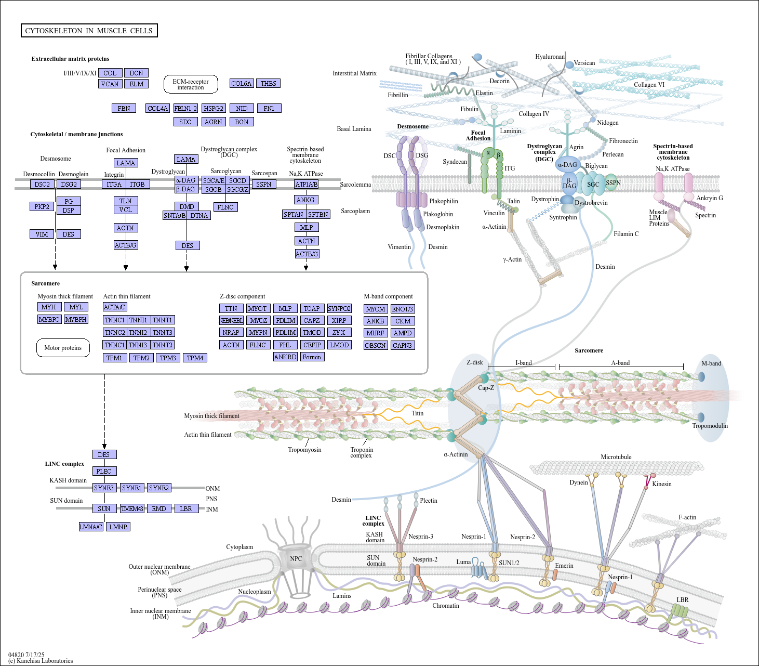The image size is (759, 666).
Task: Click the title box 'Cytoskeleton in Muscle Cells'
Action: tap(89, 31)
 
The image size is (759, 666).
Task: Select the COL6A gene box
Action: tap(242, 83)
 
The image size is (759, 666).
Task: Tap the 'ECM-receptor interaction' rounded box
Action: tap(191, 84)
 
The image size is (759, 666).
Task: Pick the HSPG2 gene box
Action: tap(214, 108)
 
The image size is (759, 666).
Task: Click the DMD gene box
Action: tap(187, 206)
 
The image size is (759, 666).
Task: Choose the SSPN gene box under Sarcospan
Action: tap(263, 184)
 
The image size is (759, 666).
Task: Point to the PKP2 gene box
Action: tap(42, 206)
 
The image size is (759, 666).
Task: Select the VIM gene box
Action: tap(42, 234)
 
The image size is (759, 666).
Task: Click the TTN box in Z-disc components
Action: tap(231, 308)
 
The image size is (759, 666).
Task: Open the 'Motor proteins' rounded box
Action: tap(63, 348)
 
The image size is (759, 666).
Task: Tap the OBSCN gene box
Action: tap(375, 345)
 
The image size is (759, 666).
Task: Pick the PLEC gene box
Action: tap(104, 471)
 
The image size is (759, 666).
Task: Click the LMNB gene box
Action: tap(118, 527)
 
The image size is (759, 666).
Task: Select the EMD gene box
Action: tap(159, 508)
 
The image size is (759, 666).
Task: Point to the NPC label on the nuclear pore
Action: tap(296, 559)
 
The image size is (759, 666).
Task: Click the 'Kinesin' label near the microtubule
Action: tap(661, 484)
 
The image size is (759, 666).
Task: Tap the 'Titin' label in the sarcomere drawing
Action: tap(417, 413)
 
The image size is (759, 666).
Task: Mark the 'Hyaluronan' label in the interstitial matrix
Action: tap(550, 57)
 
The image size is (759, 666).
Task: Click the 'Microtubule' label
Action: tap(616, 457)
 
